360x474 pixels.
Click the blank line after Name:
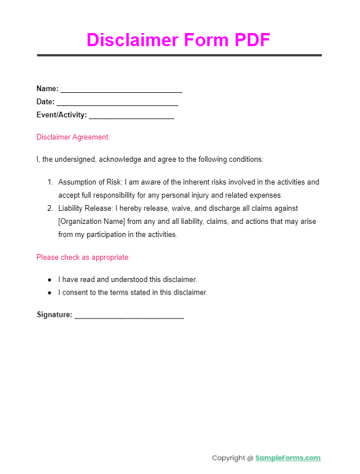[121, 90]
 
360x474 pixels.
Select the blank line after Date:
[117, 103]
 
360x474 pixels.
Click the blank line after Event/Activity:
[132, 116]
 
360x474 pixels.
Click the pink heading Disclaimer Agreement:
[73, 137]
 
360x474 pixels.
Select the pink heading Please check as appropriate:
[83, 258]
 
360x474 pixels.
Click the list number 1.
[50, 182]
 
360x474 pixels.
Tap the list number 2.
[50, 209]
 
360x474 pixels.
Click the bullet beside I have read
[50, 280]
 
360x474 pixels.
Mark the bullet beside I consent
[50, 293]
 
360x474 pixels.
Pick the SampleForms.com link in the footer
[288, 458]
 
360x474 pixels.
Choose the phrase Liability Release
[82, 209]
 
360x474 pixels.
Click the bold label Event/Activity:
[62, 116]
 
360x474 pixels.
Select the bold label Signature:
[55, 315]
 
